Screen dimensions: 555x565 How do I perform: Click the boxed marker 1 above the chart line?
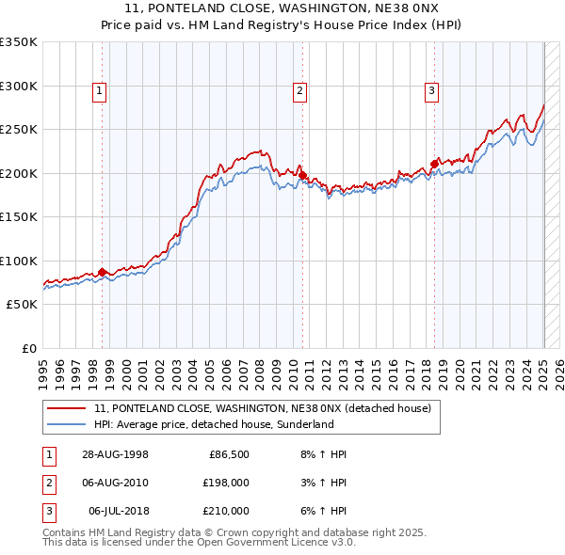coord(99,91)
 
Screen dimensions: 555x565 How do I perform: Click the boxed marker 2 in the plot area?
coord(299,91)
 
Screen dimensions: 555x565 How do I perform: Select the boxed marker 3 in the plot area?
coord(431,91)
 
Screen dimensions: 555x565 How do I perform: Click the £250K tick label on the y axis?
coord(19,130)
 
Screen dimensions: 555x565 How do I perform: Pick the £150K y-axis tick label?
coord(19,217)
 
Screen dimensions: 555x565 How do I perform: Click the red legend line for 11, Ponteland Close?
coord(68,409)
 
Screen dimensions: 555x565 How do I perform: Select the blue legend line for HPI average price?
coord(68,424)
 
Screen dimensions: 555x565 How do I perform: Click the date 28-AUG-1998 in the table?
coord(117,454)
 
